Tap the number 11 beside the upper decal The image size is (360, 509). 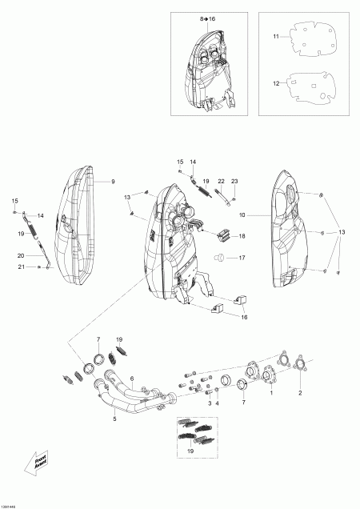[x=274, y=37]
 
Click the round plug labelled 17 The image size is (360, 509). [x=218, y=257]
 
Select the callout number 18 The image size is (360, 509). [x=242, y=237]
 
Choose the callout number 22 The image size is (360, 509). [x=221, y=182]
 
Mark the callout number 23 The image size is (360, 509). [x=234, y=182]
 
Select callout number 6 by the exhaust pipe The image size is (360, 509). [x=131, y=379]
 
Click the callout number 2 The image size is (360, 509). [x=300, y=394]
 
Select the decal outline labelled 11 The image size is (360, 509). [x=313, y=37]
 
